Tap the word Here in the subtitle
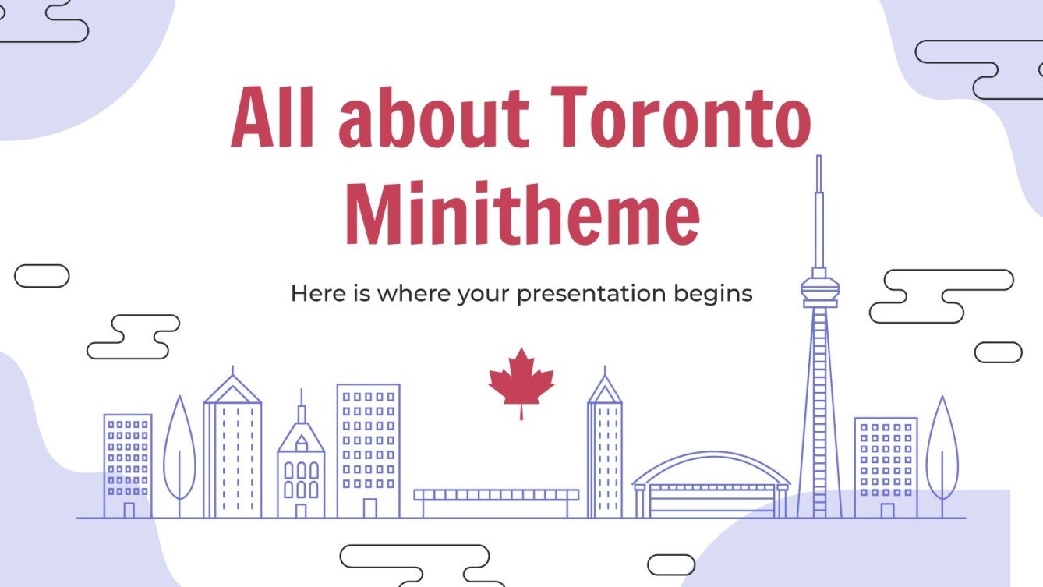tap(315, 294)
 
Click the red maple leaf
tap(521, 380)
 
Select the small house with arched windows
tap(301, 468)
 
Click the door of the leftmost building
tap(129, 510)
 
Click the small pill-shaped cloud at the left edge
tap(42, 275)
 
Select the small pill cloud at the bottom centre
tap(671, 564)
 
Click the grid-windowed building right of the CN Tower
tap(886, 466)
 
